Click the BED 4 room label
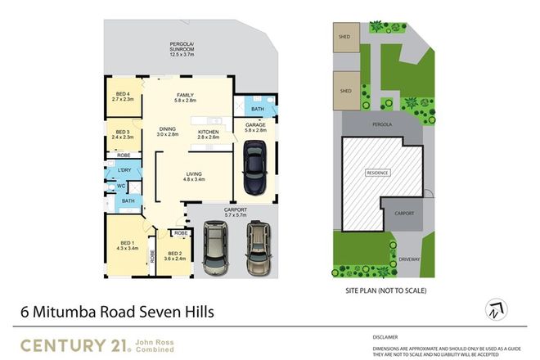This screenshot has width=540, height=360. coord(123,96)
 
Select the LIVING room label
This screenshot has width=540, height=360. coord(194,175)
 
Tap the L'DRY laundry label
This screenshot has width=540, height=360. coord(125,169)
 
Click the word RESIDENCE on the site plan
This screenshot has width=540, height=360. coord(377,173)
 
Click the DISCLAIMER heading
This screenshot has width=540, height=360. coord(385,336)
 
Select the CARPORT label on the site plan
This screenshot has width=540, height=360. coord(403,214)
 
